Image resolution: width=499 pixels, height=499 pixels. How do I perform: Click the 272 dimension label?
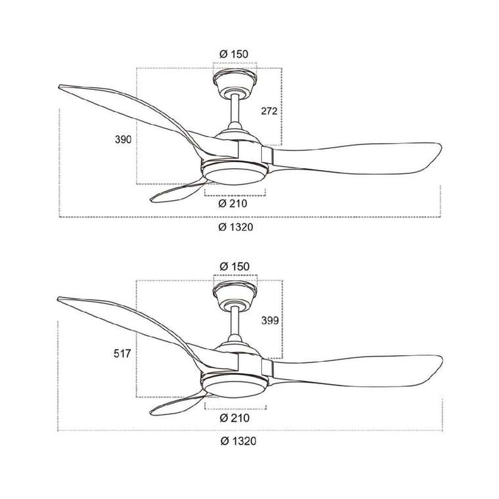[269, 111]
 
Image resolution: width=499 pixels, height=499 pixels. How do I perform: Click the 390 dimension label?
[123, 139]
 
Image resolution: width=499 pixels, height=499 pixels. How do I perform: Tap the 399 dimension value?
[270, 320]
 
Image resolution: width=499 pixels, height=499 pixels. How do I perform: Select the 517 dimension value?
[122, 353]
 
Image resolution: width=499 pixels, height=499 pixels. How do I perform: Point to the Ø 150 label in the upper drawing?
[234, 54]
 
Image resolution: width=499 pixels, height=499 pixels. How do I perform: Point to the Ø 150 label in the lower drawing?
[235, 267]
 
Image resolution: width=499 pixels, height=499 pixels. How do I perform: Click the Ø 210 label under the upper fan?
[233, 203]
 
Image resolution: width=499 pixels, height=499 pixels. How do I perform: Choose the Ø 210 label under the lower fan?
[234, 418]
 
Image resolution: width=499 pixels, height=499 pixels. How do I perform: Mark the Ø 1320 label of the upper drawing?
[236, 227]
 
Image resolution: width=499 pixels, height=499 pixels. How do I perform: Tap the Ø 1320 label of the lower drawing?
[238, 441]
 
